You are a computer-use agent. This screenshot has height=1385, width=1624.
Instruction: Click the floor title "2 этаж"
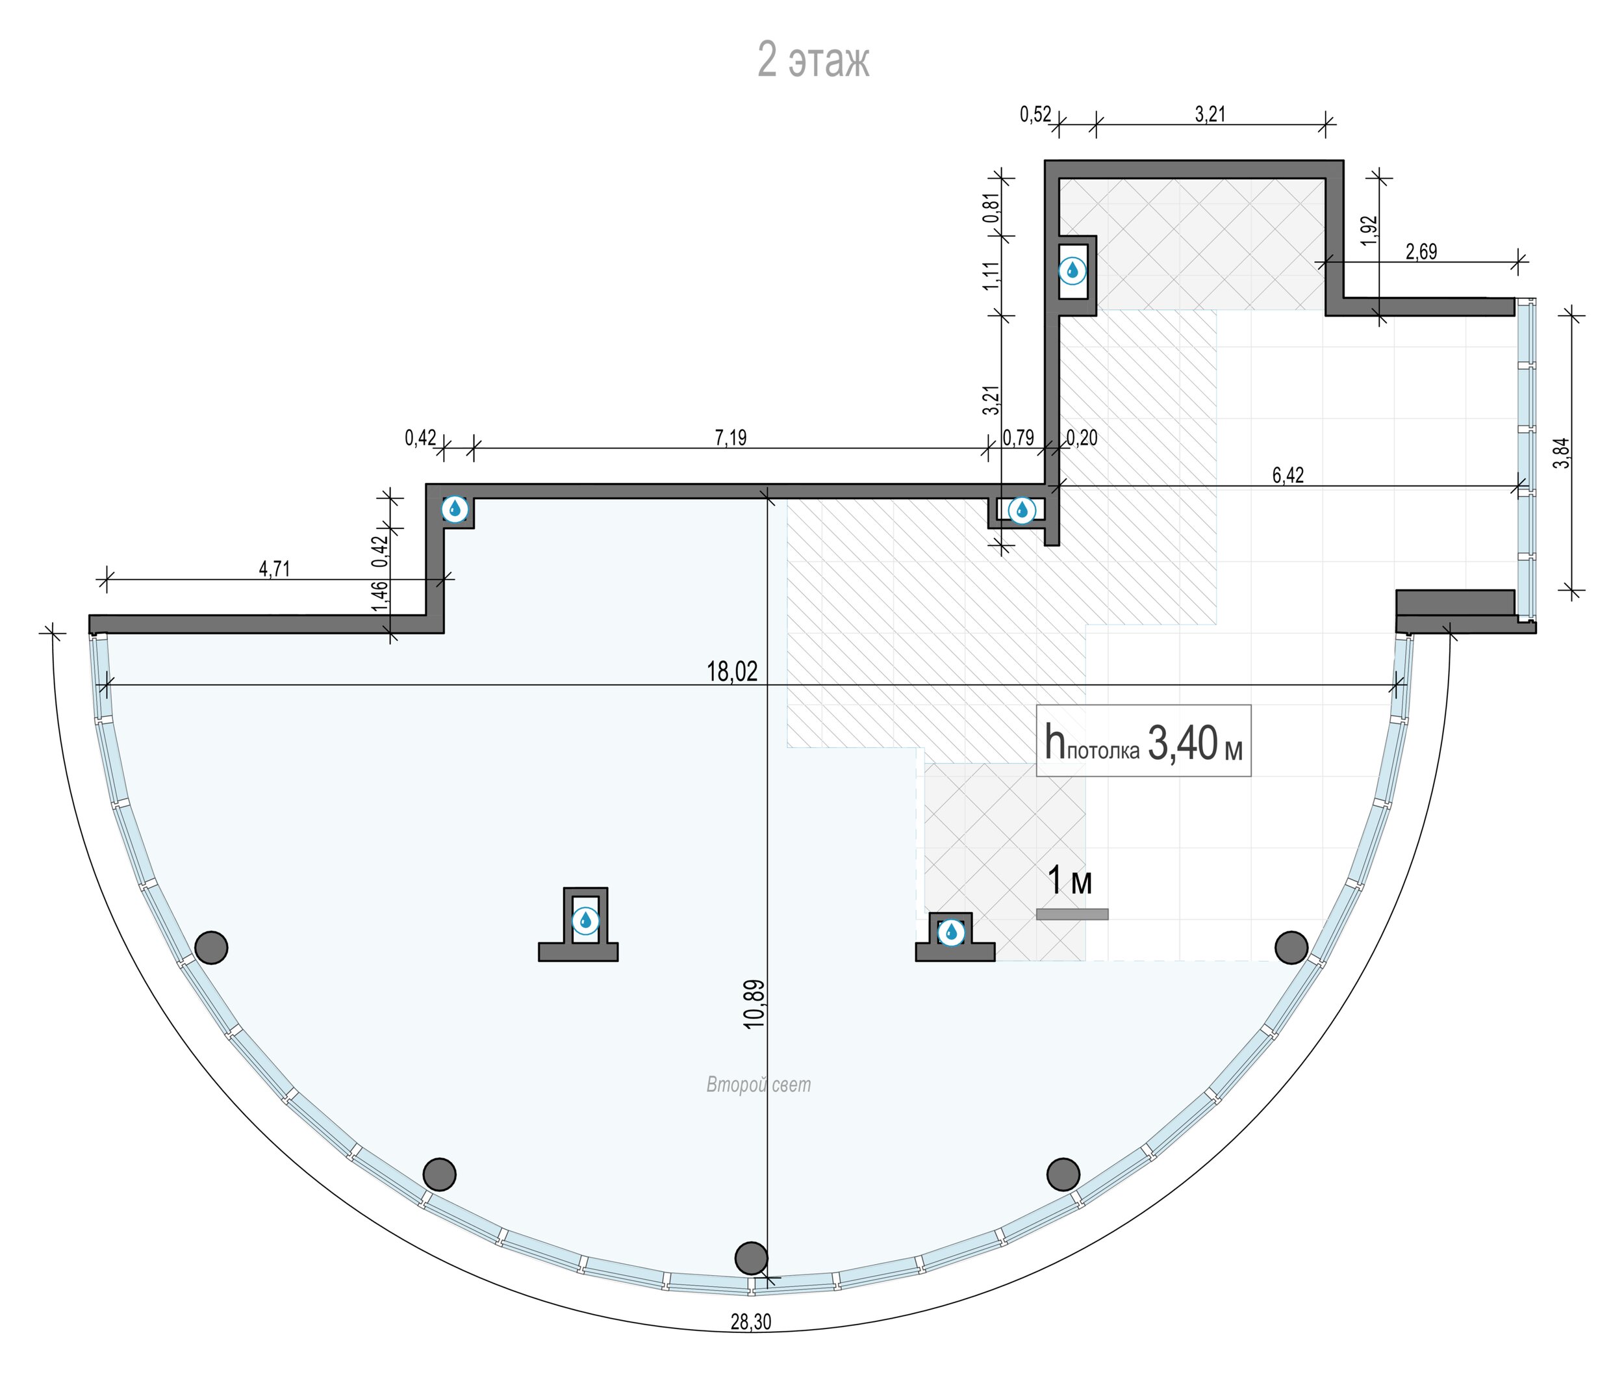coord(813,60)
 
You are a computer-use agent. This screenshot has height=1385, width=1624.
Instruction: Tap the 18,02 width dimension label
coord(732,672)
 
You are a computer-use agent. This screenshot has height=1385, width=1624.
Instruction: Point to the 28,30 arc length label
coord(751,1322)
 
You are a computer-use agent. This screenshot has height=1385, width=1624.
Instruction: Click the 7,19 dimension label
coord(731,437)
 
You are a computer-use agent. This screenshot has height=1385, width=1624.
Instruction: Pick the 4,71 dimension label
coord(274,569)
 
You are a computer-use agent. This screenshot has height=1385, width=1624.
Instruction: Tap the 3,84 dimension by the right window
coord(1562,452)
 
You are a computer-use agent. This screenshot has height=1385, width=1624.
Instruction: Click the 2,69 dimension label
coord(1421,252)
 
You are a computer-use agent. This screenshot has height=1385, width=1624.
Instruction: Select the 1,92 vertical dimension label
coord(1369,230)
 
